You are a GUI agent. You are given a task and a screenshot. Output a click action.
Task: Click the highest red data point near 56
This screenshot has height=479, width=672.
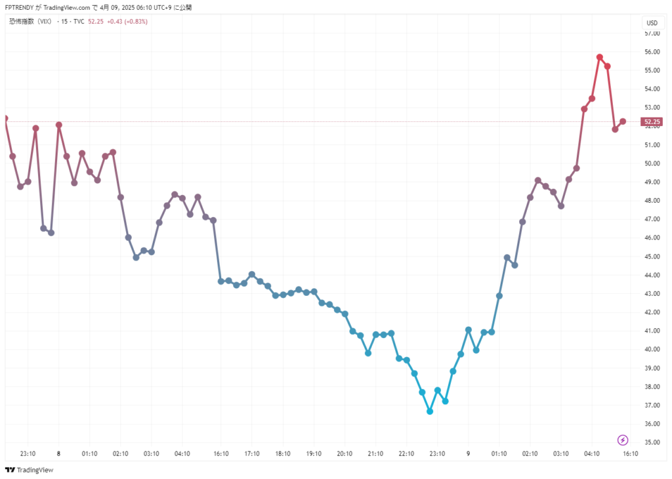(x=600, y=57)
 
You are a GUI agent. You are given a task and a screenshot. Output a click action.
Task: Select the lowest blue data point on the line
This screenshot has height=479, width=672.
(x=430, y=411)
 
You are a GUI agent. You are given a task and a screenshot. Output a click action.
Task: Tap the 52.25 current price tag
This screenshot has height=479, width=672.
(x=652, y=121)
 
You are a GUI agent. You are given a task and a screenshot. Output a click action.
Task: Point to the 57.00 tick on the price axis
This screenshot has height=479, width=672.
(x=652, y=33)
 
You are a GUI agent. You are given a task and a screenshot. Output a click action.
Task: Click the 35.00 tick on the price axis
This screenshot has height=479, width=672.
(x=652, y=442)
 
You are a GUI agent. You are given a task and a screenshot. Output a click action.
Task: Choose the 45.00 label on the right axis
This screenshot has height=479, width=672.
(x=652, y=257)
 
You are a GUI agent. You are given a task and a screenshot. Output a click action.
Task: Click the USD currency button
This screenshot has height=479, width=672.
(x=652, y=23)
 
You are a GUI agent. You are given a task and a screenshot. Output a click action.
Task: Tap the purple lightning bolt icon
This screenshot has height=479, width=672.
(x=623, y=440)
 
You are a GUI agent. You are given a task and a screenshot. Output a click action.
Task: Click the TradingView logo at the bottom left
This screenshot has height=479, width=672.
(x=29, y=470)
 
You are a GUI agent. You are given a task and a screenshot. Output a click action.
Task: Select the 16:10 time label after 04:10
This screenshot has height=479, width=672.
(x=630, y=453)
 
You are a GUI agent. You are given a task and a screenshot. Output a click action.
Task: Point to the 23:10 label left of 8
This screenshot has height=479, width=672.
(x=28, y=453)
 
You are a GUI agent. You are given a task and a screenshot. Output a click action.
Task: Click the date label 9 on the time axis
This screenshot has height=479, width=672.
(x=468, y=453)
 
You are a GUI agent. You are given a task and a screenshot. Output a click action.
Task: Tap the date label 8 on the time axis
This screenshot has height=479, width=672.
(x=58, y=453)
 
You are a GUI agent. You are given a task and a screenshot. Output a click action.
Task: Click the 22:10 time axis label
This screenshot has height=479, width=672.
(x=406, y=453)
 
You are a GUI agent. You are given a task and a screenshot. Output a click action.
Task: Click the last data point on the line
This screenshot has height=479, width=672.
(x=623, y=121)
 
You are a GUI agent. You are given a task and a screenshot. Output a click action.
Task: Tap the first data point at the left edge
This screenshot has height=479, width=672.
(x=5, y=119)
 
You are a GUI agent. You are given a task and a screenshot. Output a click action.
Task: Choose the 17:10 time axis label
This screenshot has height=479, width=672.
(x=252, y=453)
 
